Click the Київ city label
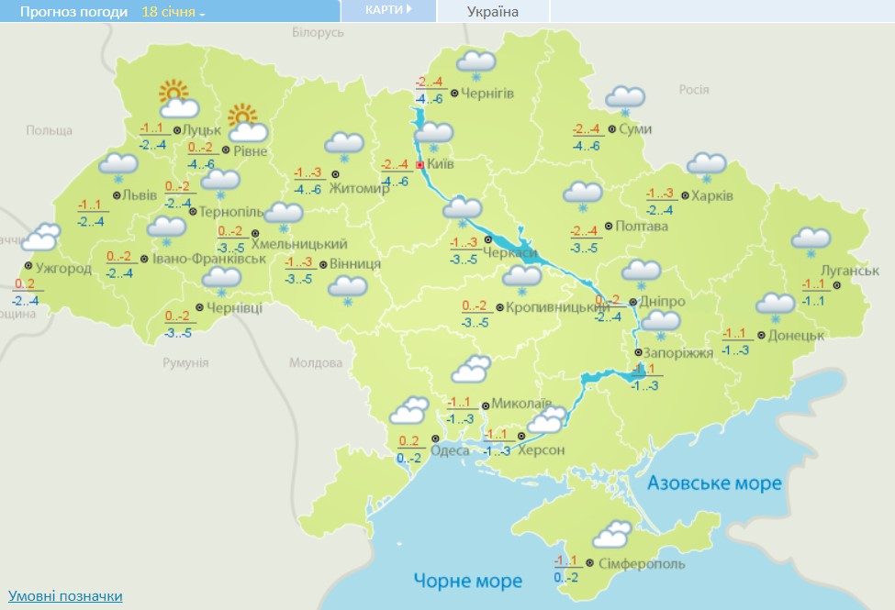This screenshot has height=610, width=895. coord(442,164)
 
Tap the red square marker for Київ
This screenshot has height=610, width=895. coord(420,165)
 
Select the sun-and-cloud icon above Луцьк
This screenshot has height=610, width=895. coord(175,99)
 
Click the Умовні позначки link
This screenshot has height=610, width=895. coord(65,596)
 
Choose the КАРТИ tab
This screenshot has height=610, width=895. coord(387,10)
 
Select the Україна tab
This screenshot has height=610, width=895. coord(493,11)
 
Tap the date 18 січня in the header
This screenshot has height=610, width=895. coord(173,12)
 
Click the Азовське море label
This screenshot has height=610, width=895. coord(714,483)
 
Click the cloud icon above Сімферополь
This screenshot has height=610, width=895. coord(613,535)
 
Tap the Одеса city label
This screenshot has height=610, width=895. coord(450,450)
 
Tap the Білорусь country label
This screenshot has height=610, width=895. coord(317,32)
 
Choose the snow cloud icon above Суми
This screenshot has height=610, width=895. coord(625,99)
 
